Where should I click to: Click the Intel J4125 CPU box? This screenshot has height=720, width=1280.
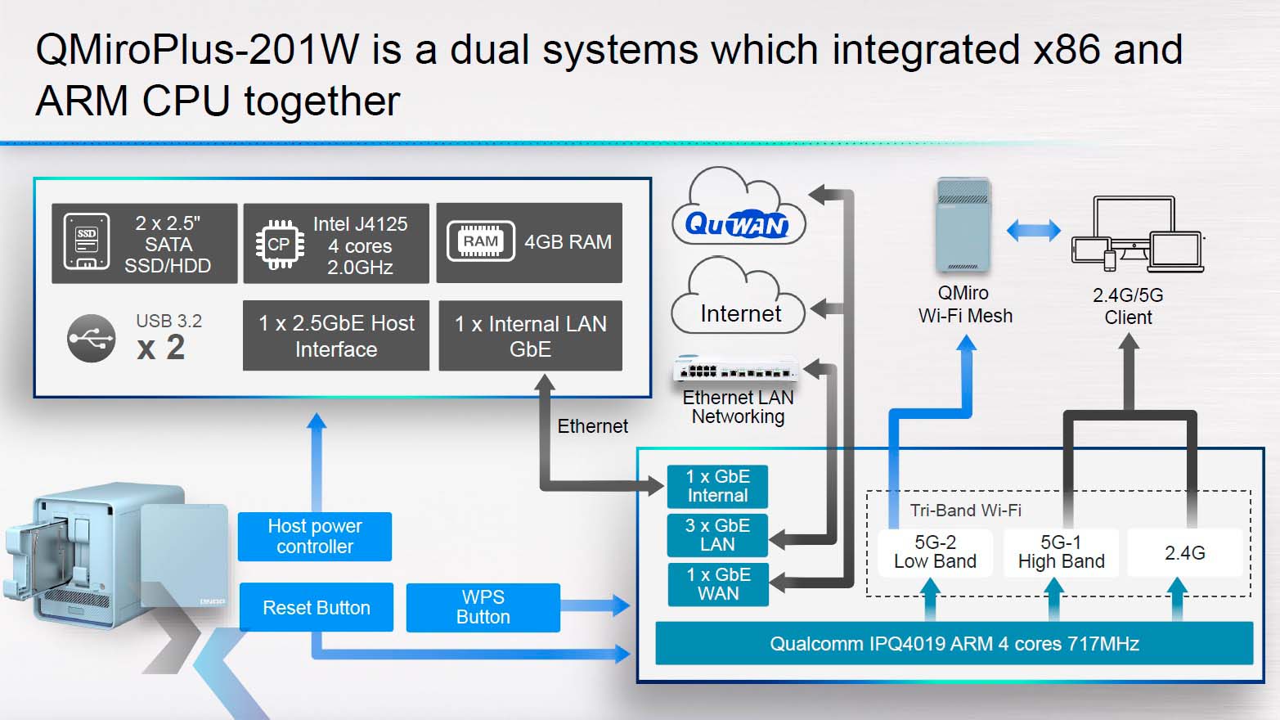[x=336, y=244]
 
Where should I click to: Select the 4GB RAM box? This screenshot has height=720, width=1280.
[x=529, y=243]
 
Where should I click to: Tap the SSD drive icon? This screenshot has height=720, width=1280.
[x=87, y=242]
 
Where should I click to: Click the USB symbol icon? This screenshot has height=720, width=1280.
[x=91, y=338]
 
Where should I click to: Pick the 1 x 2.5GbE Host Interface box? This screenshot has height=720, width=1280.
[x=336, y=336]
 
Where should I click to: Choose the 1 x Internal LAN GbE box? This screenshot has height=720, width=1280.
[x=530, y=336]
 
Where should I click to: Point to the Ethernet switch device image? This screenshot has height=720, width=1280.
[x=735, y=371]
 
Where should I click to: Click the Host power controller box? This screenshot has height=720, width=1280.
[x=315, y=537]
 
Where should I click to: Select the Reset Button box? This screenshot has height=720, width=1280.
[x=316, y=608]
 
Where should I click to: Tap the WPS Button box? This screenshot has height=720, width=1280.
[x=483, y=608]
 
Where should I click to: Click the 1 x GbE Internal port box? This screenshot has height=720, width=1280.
[x=717, y=486]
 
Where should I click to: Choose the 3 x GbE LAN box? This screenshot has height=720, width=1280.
[x=717, y=535]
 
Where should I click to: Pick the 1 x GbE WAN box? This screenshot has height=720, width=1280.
[x=717, y=584]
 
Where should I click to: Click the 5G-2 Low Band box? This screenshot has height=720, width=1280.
[x=935, y=552]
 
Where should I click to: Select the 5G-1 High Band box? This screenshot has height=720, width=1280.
[x=1061, y=552]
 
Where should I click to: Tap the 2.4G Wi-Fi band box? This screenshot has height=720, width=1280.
[x=1184, y=553]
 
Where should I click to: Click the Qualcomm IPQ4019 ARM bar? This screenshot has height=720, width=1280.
[x=954, y=644]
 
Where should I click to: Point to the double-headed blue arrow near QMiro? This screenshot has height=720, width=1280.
[x=1033, y=231]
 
